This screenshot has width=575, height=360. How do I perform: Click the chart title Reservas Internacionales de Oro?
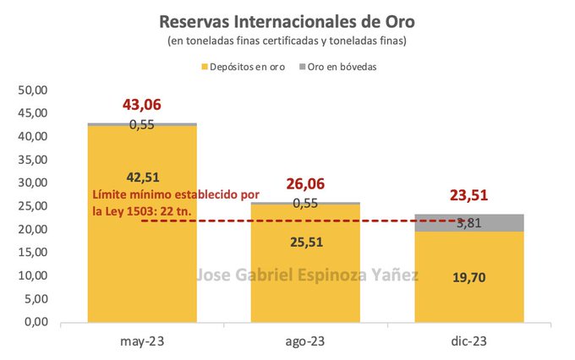point(287,19)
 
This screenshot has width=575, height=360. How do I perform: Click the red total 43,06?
point(141,106)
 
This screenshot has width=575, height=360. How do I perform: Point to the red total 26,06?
point(305,184)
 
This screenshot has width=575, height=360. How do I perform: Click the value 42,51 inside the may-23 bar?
point(141,178)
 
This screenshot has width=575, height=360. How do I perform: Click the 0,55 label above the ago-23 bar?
point(305,204)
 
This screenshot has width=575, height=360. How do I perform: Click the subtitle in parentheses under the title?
point(287,41)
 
